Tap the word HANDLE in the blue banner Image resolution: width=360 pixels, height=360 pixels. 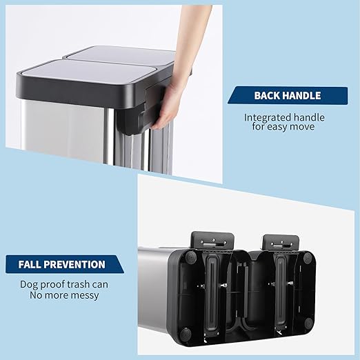(302, 96)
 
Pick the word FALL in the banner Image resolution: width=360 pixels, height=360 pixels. (32, 264)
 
